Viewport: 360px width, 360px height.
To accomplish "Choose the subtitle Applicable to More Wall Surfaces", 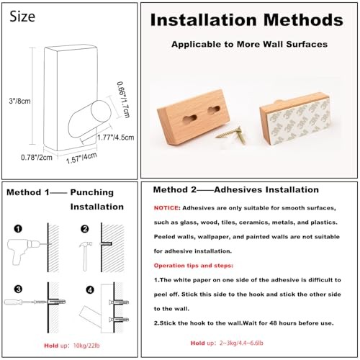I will point(248,44).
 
